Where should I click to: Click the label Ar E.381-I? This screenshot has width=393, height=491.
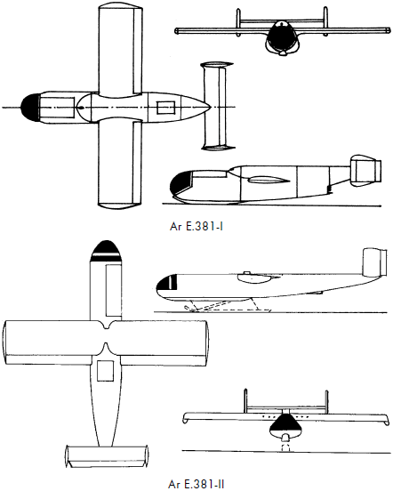pyautogui.click(x=196, y=226)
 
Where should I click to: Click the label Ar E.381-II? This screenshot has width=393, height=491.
pyautogui.click(x=196, y=484)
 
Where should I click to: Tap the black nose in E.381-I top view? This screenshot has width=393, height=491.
pyautogui.click(x=30, y=108)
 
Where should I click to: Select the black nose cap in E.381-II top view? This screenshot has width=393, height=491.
pyautogui.click(x=106, y=251)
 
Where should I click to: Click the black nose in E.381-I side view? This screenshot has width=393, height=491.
pyautogui.click(x=180, y=182)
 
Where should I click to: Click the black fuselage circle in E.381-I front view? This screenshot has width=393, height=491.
pyautogui.click(x=283, y=36)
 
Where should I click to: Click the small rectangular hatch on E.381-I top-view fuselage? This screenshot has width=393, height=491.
pyautogui.click(x=165, y=108)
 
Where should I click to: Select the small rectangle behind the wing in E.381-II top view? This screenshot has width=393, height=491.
pyautogui.click(x=105, y=371)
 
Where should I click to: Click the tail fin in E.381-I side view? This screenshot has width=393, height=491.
pyautogui.click(x=366, y=169)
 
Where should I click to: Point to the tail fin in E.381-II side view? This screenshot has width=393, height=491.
pyautogui.click(x=374, y=262)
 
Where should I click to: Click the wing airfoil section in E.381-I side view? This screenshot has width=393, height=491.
pyautogui.click(x=269, y=180)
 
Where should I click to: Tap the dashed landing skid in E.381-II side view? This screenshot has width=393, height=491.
pyautogui.click(x=228, y=306)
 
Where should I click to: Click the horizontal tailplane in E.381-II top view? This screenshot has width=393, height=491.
pyautogui.click(x=107, y=456)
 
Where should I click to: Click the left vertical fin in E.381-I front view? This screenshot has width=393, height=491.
pyautogui.click(x=238, y=22)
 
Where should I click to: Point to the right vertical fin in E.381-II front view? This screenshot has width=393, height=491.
pyautogui.click(x=326, y=402)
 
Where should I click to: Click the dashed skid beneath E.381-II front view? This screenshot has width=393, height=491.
pyautogui.click(x=285, y=447)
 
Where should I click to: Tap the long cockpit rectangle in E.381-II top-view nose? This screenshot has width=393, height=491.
pyautogui.click(x=113, y=290)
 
